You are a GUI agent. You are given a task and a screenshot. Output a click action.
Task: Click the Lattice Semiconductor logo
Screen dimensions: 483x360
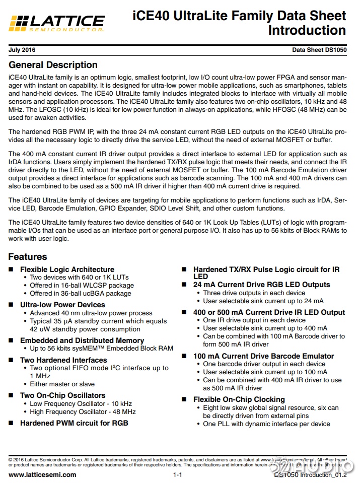57,22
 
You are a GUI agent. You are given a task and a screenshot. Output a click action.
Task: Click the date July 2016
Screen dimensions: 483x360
22,50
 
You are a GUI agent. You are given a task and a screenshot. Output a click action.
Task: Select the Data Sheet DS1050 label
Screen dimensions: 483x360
319,50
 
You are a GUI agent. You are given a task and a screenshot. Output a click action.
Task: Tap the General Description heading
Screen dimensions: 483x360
53,65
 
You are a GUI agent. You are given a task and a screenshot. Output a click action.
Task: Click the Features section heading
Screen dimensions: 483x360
28,257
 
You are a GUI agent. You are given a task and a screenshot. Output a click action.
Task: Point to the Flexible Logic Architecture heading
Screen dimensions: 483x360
67,269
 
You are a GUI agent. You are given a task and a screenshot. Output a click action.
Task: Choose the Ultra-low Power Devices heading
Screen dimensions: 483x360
62,305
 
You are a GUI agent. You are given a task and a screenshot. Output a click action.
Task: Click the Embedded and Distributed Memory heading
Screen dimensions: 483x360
82,340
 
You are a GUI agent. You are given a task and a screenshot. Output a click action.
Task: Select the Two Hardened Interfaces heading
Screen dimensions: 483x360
63,360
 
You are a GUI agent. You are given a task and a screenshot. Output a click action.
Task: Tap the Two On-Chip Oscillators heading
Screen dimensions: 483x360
62,395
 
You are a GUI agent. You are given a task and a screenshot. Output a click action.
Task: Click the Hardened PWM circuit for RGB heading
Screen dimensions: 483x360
74,423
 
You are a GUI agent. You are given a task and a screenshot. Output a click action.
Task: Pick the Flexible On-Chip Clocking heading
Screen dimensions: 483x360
239,399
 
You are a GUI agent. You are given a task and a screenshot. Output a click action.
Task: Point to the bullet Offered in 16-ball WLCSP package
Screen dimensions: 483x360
82,285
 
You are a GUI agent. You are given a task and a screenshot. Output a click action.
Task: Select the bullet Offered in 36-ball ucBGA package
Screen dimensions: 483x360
81,293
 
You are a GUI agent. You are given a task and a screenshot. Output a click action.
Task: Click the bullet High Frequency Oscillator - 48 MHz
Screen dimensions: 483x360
83,411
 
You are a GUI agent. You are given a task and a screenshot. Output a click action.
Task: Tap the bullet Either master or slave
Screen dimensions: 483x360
62,384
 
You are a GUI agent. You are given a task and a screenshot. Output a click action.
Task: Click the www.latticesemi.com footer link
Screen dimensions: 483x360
43,474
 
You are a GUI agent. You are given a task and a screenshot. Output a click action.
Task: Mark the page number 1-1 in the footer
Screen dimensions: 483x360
178,475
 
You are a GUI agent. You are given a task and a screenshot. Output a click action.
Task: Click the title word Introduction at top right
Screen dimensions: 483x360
307,30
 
